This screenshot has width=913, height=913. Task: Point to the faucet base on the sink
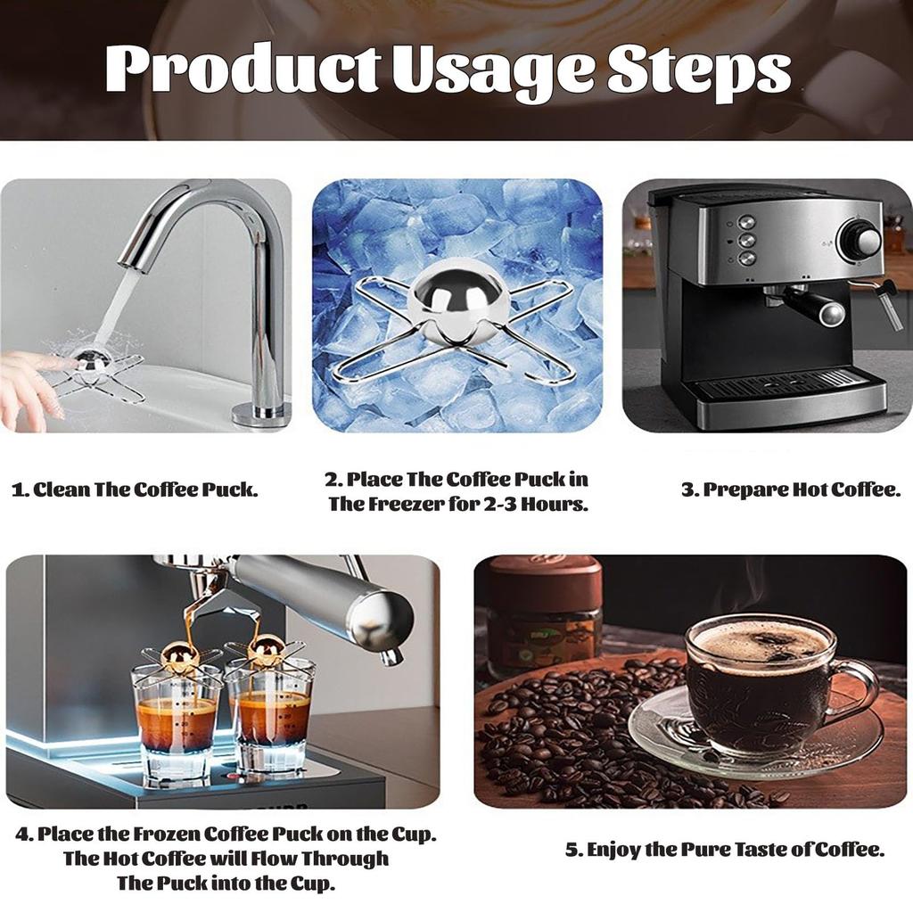260,413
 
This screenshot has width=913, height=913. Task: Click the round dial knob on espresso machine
858,240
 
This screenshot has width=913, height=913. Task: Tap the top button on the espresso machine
746,222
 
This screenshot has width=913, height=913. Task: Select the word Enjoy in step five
613,850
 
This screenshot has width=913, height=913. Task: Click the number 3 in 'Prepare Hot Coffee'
688,490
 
